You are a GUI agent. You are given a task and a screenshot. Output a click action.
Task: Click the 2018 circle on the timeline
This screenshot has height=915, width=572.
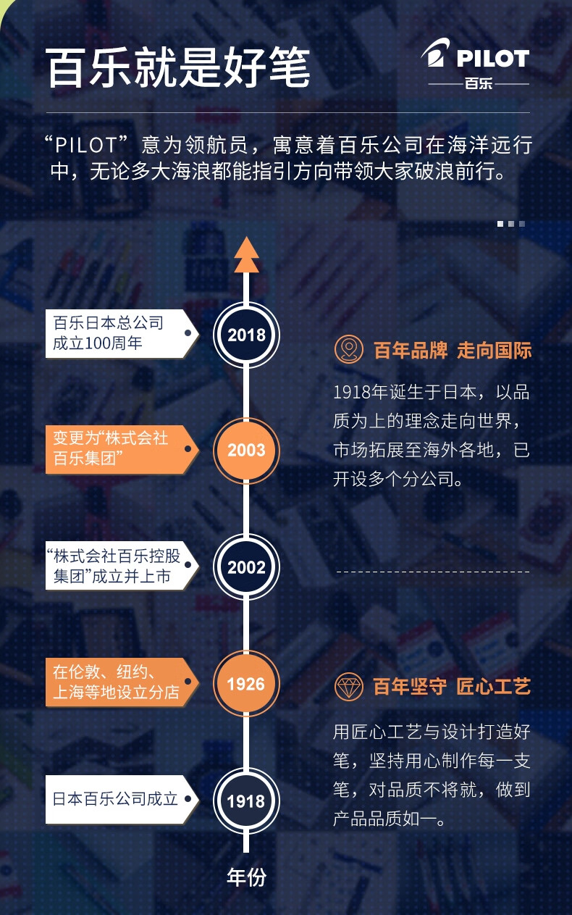tap(246, 335)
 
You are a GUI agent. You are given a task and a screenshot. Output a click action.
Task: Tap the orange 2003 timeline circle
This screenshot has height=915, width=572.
tap(246, 450)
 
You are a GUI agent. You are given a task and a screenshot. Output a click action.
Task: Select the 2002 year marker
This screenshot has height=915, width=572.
tap(246, 567)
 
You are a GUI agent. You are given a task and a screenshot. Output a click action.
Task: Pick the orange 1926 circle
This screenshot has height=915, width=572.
tap(246, 684)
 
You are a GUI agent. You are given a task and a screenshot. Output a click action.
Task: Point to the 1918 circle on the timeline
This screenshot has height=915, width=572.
tap(246, 801)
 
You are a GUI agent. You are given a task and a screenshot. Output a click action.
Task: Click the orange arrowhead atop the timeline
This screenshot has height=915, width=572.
tap(246, 254)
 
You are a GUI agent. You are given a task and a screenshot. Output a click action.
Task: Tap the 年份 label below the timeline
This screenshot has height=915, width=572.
tap(246, 877)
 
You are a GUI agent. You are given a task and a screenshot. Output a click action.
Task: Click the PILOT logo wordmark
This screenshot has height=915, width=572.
tap(493, 58)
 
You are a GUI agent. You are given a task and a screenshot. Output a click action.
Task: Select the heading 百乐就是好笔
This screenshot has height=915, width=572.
tap(178, 67)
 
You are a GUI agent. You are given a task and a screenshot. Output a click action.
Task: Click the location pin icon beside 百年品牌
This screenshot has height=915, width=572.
tap(349, 349)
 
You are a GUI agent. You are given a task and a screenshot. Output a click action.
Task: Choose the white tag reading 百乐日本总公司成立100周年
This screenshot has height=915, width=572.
tap(122, 334)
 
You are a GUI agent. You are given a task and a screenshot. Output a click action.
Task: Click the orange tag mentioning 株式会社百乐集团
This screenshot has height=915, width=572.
tap(122, 449)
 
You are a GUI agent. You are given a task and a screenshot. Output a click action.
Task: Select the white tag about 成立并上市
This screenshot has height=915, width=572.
tap(122, 566)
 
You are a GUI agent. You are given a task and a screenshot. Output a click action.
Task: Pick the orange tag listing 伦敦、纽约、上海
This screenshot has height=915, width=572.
tap(122, 682)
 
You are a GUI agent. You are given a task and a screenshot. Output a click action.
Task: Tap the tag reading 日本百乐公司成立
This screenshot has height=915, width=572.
tap(122, 799)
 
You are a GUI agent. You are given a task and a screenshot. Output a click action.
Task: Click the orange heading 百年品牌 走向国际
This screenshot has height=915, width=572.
tap(453, 350)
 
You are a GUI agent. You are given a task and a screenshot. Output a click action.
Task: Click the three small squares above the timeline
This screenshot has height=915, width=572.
tap(510, 224)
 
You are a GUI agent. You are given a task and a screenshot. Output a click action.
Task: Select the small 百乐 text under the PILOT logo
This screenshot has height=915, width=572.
tap(479, 83)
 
